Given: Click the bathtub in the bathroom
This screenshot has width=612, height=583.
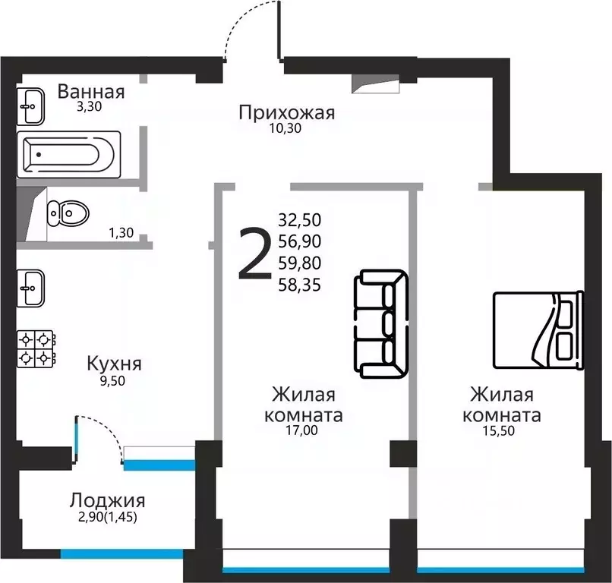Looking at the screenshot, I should click(68, 155).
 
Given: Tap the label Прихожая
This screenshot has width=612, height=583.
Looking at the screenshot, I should click(286, 113).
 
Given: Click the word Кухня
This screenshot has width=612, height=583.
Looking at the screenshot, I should click(114, 363).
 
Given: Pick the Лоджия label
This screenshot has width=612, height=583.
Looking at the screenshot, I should click(107, 500).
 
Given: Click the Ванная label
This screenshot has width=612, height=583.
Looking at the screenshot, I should click(91, 93).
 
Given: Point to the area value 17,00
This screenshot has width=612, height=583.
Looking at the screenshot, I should click(301, 430).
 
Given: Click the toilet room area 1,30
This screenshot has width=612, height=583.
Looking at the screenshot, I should click(121, 233).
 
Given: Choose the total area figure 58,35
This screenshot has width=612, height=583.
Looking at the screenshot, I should click(300, 285).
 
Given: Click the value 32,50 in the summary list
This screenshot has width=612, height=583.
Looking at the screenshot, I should click(300, 220).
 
